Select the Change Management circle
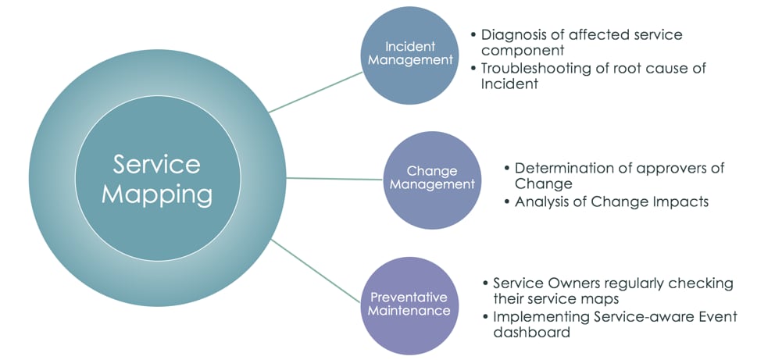click(432, 179)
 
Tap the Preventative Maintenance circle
click(410, 305)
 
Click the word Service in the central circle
click(156, 164)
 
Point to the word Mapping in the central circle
click(156, 194)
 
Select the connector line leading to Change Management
click(336, 178)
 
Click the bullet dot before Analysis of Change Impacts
click(506, 202)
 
